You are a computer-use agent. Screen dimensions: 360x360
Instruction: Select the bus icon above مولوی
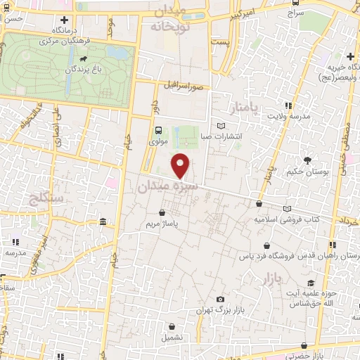[158, 129]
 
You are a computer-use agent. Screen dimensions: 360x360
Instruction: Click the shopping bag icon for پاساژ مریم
[162, 212]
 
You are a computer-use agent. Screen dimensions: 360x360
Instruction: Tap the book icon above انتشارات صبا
[222, 126]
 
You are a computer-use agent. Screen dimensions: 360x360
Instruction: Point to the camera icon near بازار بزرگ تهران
[221, 300]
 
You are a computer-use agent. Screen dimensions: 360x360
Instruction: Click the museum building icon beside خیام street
[103, 223]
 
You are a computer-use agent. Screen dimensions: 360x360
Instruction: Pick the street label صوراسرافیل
[181, 85]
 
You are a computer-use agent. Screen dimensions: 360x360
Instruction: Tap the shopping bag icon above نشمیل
[172, 326]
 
